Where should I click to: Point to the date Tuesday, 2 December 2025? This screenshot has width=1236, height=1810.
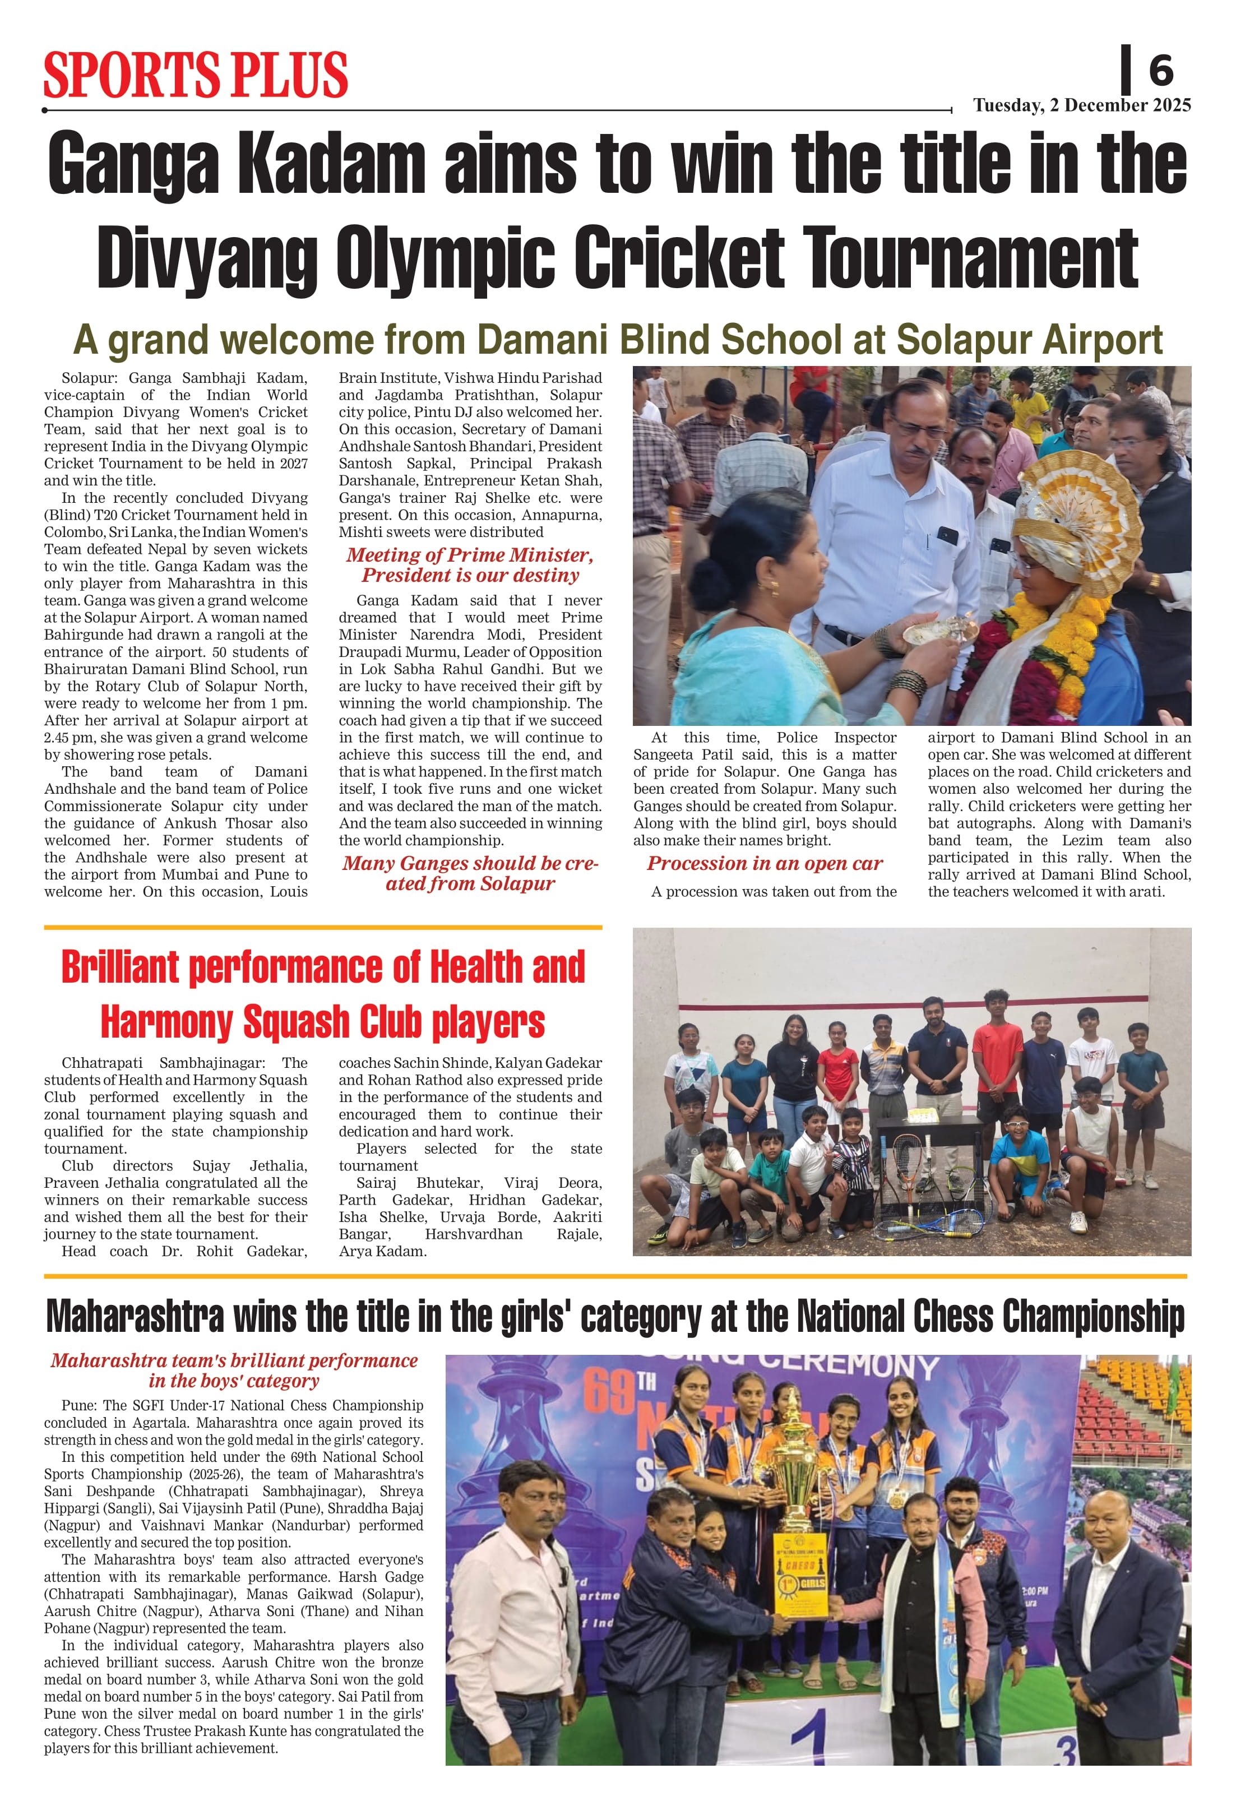[x=1081, y=105]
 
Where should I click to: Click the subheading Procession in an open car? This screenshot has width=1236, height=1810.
[x=764, y=864]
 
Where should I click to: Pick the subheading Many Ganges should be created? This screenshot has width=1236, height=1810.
[x=470, y=873]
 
